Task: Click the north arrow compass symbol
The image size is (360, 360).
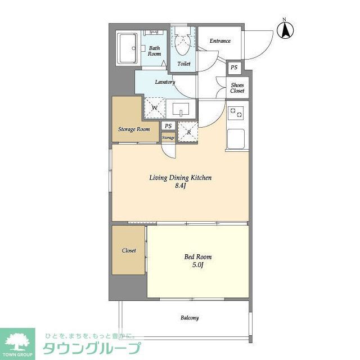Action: click(285, 30)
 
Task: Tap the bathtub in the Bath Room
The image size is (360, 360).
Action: click(127, 48)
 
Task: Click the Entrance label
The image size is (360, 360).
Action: click(219, 41)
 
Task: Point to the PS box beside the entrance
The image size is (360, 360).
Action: click(234, 68)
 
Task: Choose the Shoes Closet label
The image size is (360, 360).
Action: click(237, 88)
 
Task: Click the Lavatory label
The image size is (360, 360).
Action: click(165, 82)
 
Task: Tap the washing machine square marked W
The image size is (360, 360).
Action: click(154, 107)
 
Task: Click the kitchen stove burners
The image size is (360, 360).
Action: click(237, 114)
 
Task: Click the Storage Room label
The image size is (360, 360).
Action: click(134, 129)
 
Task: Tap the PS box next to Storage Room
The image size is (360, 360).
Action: click(168, 127)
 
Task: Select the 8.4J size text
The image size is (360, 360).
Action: click(179, 187)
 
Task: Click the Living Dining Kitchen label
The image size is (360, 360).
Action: click(180, 178)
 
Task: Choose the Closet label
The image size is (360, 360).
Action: click(129, 250)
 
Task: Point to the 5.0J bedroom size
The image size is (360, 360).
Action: click(197, 265)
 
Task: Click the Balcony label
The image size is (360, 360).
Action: click(189, 318)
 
